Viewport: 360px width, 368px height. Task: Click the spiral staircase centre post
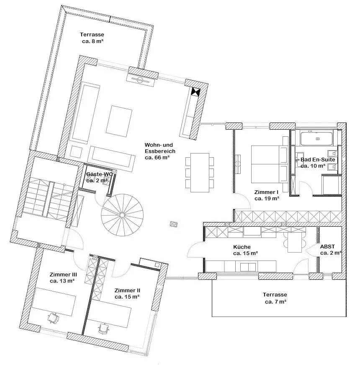coord(122,215)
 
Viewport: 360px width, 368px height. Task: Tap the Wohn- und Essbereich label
coord(160,151)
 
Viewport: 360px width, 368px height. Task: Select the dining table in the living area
coord(200,172)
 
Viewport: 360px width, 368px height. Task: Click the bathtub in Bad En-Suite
coord(316,139)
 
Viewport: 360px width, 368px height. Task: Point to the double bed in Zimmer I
coord(270,164)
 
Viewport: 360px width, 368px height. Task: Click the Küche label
coord(245,250)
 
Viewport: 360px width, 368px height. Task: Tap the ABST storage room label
coord(330,250)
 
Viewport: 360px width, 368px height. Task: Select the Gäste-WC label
coord(99,177)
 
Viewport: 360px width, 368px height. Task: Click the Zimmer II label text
coord(127,294)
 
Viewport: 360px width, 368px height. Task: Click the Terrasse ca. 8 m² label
coord(92,38)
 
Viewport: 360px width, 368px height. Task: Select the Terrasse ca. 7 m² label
coord(275,298)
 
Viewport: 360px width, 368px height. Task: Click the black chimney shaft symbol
coord(195,92)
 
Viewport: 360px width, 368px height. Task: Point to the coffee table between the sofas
coord(119,121)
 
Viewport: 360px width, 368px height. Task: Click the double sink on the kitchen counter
coord(248,267)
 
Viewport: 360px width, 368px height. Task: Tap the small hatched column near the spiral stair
coord(174,224)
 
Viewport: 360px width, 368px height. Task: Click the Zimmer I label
coord(267,195)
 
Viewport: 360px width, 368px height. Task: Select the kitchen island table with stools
coord(295,243)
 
